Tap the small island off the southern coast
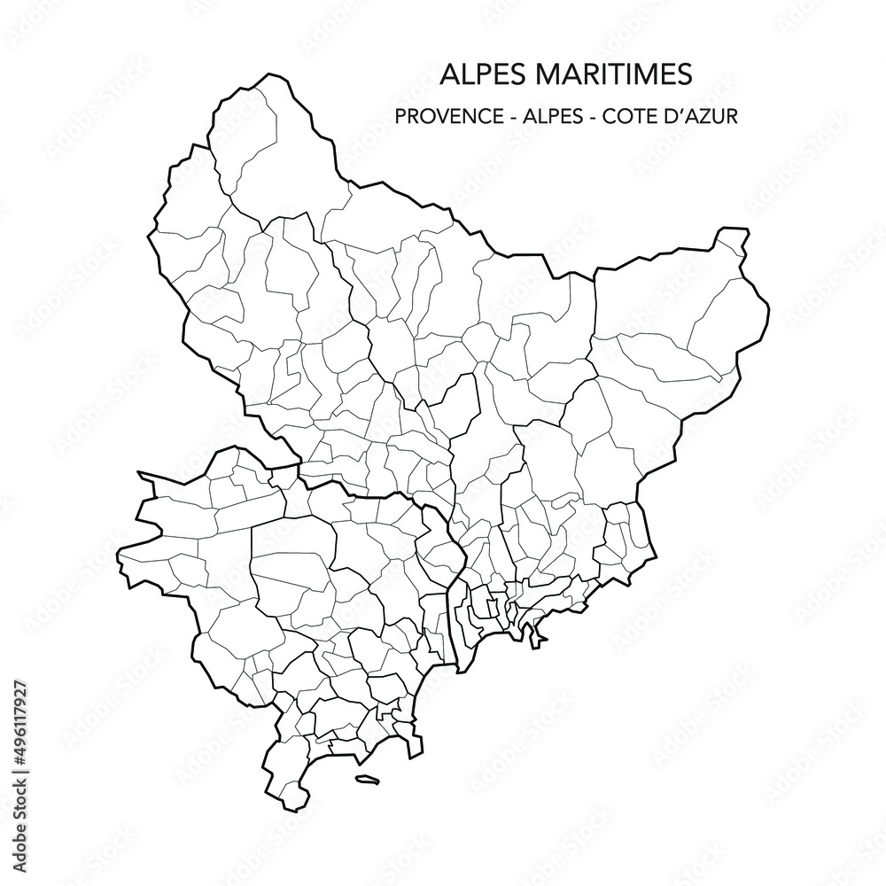tap(367, 781)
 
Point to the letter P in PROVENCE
tap(403, 116)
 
